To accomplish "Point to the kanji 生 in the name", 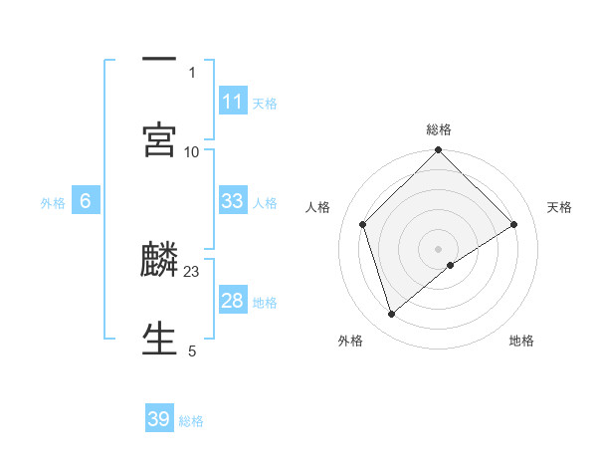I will (x=159, y=338).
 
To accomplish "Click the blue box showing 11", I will (x=232, y=102).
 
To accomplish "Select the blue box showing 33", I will (x=232, y=201).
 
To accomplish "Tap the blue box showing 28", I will (x=232, y=301).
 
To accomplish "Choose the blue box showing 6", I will (x=86, y=201).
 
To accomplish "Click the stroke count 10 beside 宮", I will (x=192, y=151).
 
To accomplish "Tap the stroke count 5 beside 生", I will (x=192, y=351).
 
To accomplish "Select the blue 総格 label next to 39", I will (x=191, y=421).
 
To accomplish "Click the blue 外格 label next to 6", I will (x=53, y=203).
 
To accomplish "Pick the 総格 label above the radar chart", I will (x=439, y=129).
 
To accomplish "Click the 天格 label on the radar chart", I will (x=559, y=207).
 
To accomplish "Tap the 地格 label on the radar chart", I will (x=521, y=341).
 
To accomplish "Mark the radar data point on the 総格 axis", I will (x=439, y=151).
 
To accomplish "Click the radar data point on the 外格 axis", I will (x=391, y=315).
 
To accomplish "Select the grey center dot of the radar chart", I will (x=439, y=248).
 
